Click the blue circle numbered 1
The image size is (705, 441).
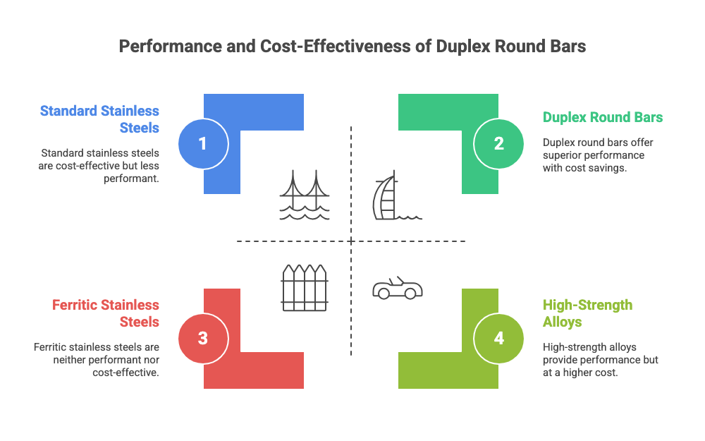(x=203, y=144)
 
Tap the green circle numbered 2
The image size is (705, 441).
(x=499, y=144)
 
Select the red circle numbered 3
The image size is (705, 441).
(x=203, y=338)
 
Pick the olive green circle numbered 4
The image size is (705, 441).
(x=499, y=338)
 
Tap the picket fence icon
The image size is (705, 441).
(x=304, y=287)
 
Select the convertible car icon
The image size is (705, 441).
(x=397, y=288)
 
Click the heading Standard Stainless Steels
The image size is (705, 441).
(x=99, y=119)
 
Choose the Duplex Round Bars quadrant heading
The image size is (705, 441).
(x=603, y=117)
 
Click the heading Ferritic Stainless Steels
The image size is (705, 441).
(x=106, y=313)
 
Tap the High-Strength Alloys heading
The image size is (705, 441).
(x=587, y=313)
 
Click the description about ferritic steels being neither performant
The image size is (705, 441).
(x=97, y=360)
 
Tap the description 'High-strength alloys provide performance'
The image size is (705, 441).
(x=600, y=359)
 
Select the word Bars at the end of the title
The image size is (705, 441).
(x=568, y=47)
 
